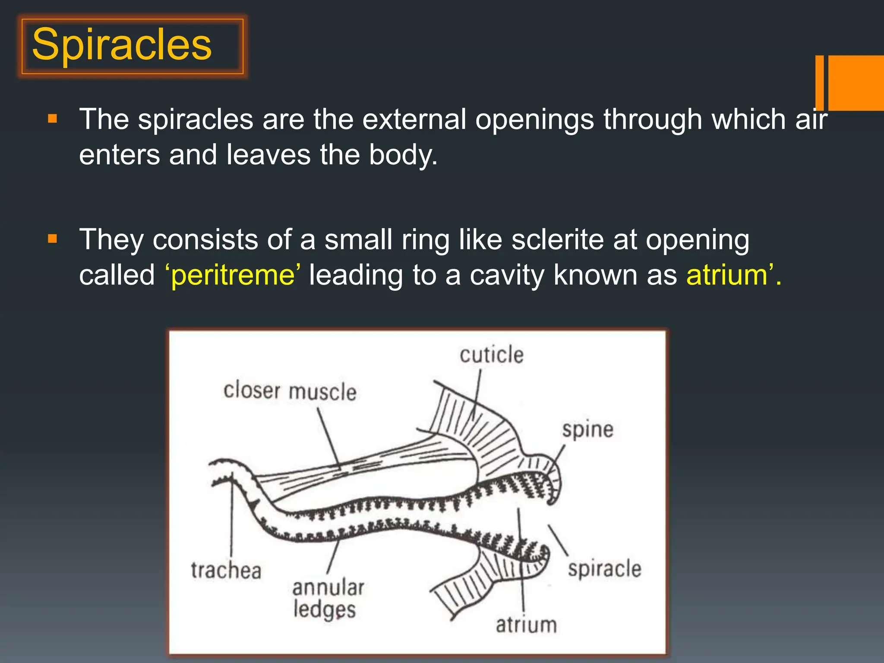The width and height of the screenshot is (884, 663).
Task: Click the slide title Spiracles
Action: [x=122, y=45]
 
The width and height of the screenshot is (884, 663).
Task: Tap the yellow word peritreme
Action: [x=233, y=275]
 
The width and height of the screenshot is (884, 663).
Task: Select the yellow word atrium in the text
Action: [x=727, y=275]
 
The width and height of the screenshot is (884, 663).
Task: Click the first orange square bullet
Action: [x=53, y=119]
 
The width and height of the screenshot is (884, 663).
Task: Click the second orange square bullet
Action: [x=53, y=239]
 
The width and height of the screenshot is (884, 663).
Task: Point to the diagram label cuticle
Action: [x=491, y=355]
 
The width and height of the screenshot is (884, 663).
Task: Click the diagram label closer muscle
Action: [x=290, y=391]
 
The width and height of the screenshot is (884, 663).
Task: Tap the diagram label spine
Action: [x=587, y=430]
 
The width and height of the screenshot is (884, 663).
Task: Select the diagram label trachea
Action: [x=226, y=571]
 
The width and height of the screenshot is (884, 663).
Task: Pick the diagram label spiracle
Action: [x=604, y=569]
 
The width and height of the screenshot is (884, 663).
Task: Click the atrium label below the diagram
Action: [x=526, y=625]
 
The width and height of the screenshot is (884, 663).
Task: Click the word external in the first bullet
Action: [x=414, y=120]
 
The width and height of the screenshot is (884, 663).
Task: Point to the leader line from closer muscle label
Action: [x=329, y=438]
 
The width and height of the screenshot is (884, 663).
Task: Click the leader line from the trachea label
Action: [x=232, y=518]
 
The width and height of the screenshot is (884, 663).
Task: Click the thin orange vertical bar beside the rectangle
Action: [x=820, y=83]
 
